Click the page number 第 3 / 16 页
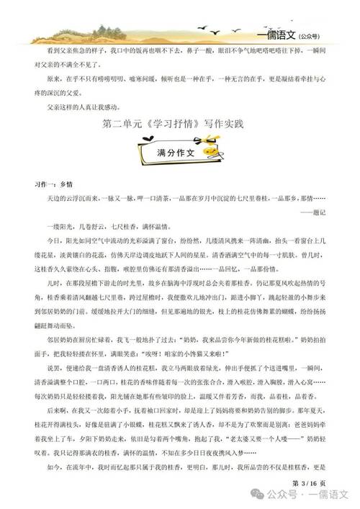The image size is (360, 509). (x=309, y=481)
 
